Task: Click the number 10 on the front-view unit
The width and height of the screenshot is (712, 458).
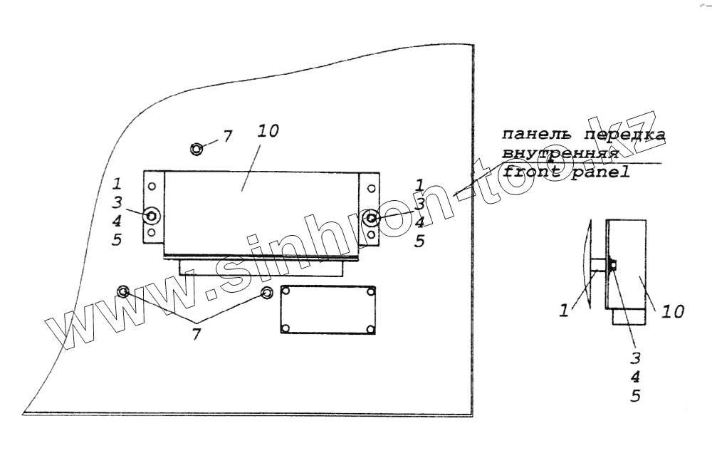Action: (269, 132)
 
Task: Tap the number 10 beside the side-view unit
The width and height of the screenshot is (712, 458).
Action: (671, 311)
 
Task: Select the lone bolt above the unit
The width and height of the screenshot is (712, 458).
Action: (197, 149)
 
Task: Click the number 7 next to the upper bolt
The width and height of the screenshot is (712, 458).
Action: (227, 136)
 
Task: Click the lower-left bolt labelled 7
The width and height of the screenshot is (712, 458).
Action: (123, 291)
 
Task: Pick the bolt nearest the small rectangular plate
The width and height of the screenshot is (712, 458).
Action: (267, 293)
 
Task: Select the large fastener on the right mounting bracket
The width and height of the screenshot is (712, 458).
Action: (370, 217)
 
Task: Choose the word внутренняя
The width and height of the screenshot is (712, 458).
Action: (559, 153)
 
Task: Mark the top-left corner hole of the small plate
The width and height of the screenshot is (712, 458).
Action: (286, 292)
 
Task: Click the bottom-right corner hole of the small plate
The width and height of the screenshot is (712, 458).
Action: (371, 328)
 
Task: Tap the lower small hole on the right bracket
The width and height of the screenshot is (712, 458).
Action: (370, 234)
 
